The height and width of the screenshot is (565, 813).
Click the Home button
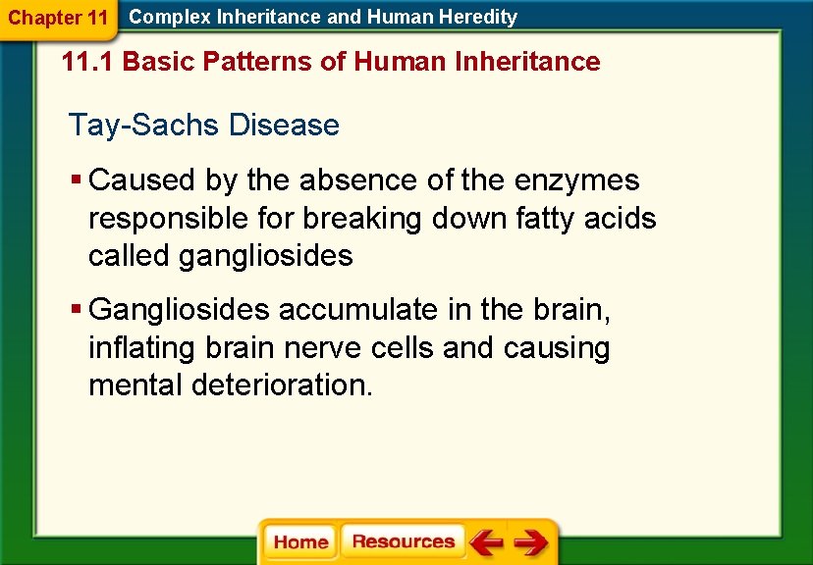point(300,542)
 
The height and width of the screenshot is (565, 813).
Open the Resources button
point(403,541)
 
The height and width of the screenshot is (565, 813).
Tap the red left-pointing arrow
point(485,542)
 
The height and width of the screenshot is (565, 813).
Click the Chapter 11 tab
point(58,18)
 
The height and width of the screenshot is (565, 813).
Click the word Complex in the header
point(162,17)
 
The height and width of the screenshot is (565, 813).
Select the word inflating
point(143,348)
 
